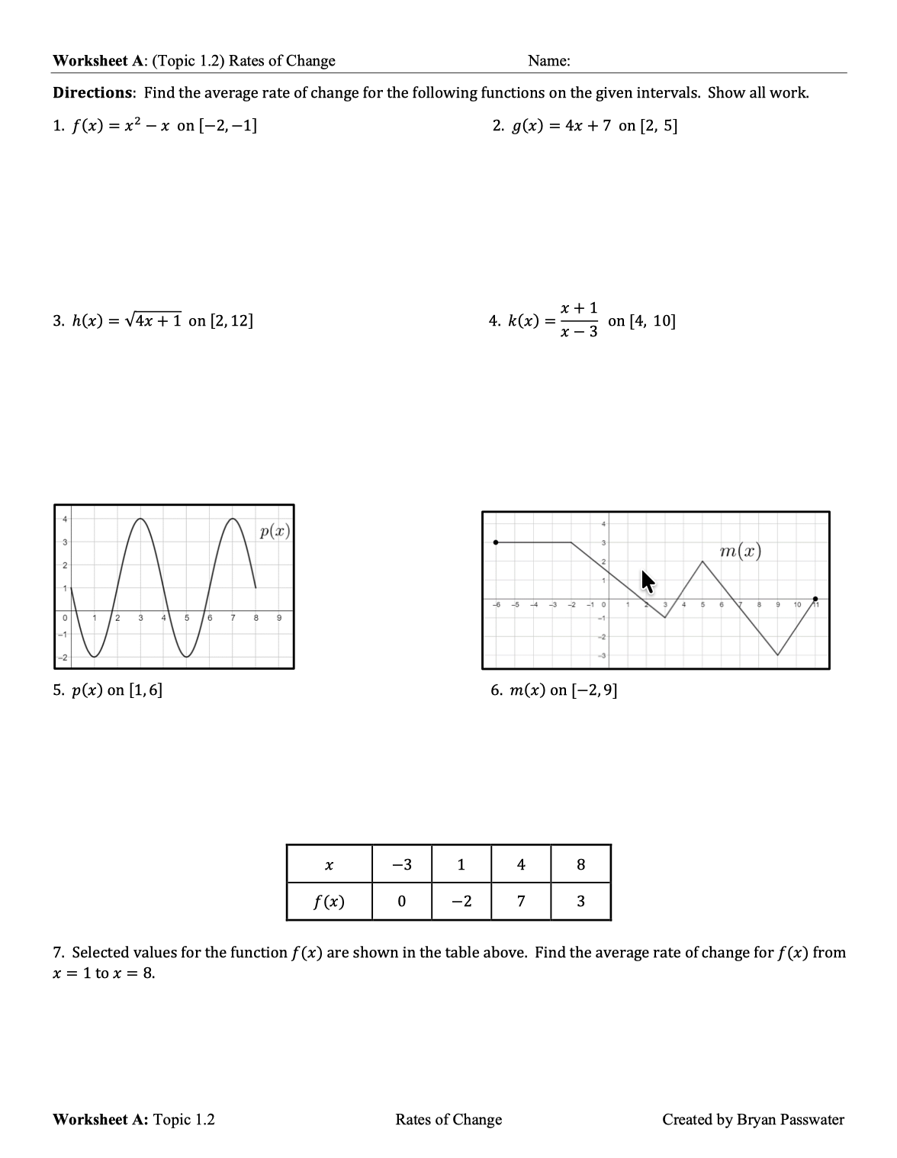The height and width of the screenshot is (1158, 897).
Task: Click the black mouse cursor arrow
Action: pos(648,581)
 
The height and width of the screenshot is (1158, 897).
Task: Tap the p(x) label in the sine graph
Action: pos(275,531)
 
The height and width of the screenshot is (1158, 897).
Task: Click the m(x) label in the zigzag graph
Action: pos(740,551)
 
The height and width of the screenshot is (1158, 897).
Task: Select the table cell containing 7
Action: pos(521,902)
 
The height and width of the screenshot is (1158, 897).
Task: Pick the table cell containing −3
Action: pos(401,864)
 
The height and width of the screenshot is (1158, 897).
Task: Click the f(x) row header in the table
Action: pos(330,902)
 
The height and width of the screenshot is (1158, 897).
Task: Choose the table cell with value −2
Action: pos(461,902)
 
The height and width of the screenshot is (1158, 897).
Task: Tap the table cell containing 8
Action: pos(581,864)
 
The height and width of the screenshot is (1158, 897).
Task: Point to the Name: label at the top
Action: pos(548,61)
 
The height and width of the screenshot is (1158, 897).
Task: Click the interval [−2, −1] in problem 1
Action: pos(227,126)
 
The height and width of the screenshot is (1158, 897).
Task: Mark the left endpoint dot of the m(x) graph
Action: pos(497,542)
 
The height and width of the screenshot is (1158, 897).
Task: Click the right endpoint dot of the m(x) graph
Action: pos(815,599)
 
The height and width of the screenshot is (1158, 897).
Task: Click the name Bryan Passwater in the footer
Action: pos(790,1119)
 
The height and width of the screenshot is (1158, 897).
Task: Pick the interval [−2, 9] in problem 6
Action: pos(594,690)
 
